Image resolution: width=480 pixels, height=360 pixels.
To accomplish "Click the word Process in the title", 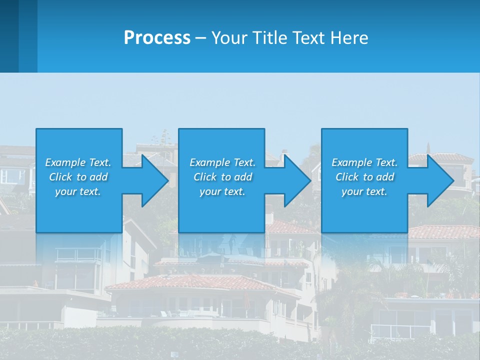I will point(157,38).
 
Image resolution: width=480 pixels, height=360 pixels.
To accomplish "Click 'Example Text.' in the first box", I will point(78,162).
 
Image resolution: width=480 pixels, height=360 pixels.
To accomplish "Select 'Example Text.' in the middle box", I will point(222,162).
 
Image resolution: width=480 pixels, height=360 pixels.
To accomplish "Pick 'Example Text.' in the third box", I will point(364,162).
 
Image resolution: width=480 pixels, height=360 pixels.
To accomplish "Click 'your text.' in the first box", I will point(78,191).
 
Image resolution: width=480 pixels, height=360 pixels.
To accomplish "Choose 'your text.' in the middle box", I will point(222,191).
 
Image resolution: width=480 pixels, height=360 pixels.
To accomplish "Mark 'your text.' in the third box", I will point(364,191).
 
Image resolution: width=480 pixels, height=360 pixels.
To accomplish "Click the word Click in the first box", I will point(60,177).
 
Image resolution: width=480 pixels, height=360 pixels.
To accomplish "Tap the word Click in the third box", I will point(347,177).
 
